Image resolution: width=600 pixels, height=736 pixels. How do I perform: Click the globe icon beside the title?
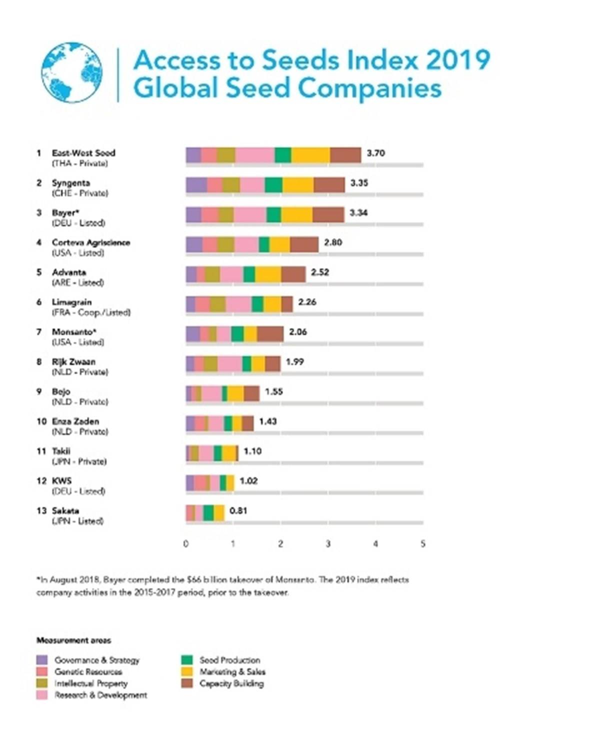[72, 72]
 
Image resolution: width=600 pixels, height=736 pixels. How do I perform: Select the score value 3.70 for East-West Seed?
[375, 153]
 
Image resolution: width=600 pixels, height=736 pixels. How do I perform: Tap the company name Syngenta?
[70, 183]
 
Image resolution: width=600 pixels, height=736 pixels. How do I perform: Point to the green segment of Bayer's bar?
[273, 215]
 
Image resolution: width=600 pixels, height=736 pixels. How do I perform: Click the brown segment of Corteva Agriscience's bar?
[304, 245]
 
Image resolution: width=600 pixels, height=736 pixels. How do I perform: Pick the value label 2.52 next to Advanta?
[320, 272]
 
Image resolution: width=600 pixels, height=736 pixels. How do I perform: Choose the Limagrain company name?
[71, 302]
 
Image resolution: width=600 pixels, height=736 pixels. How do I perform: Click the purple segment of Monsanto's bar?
[193, 334]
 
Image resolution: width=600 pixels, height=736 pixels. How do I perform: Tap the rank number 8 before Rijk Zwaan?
[39, 362]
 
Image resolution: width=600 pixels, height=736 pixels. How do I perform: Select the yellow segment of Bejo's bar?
[235, 393]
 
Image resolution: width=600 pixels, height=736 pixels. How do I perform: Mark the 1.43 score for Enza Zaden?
[268, 421]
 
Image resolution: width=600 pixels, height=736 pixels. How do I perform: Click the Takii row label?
[61, 451]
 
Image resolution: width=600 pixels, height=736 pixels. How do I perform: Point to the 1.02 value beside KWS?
[248, 481]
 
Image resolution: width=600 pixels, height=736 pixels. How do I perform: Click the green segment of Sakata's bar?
[208, 513]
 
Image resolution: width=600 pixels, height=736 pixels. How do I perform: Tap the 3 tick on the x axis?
[328, 544]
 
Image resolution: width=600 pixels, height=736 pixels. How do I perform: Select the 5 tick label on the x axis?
[423, 544]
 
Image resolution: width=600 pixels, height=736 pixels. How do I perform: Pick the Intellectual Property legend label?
[91, 683]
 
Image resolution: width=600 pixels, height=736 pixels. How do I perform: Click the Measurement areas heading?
[73, 640]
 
